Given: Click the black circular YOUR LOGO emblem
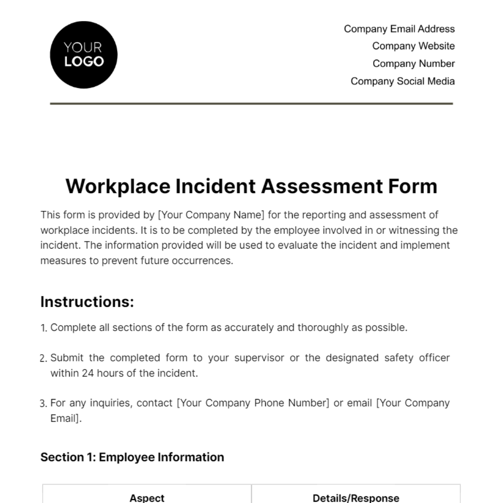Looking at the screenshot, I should tap(83, 55).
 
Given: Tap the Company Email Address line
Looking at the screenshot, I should tap(399, 29).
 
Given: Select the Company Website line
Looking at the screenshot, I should tap(413, 46).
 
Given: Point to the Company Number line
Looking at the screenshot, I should tap(413, 64).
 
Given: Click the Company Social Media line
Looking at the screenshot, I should tap(402, 81).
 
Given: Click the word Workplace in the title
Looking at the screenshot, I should tap(118, 187).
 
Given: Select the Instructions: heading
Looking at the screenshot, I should tap(87, 302).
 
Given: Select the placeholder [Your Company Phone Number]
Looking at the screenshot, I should tap(253, 403).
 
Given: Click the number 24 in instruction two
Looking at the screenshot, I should tap(88, 373).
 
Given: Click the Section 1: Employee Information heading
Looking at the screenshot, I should tap(132, 457).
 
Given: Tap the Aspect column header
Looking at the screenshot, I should tap(147, 498).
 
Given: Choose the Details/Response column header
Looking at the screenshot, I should tap(356, 498).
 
